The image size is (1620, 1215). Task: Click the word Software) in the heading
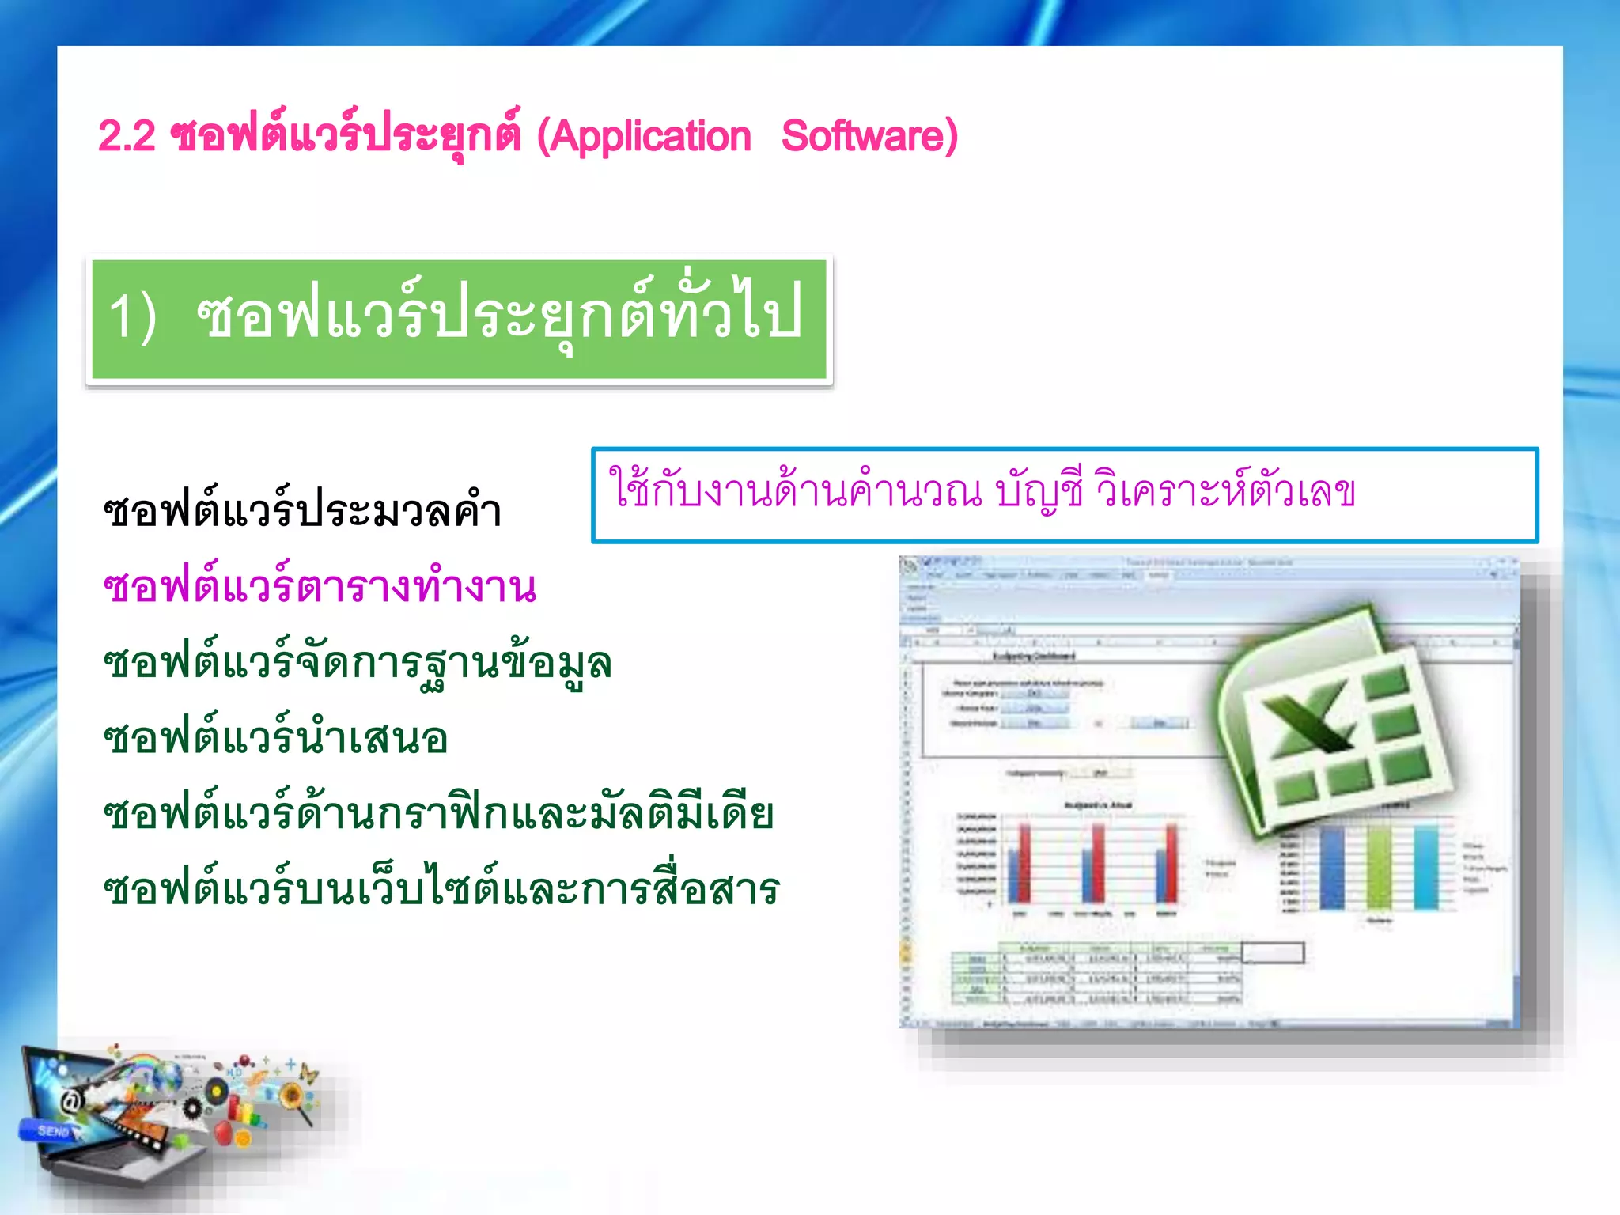point(869,137)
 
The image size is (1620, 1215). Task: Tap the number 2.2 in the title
point(126,137)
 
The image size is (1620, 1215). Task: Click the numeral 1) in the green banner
point(131,316)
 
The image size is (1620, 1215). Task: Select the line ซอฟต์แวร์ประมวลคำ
point(303,510)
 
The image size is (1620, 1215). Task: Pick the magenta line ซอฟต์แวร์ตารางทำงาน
point(320,586)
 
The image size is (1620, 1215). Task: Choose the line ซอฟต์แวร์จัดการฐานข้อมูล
point(358,662)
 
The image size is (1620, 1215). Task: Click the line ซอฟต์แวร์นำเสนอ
point(275,738)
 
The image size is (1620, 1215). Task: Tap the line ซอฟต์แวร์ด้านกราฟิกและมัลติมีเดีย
point(438,813)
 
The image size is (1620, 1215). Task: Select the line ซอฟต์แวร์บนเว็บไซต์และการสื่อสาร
point(441,888)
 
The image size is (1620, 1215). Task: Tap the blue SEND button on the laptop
point(51,1131)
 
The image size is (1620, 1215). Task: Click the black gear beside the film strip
point(192,1107)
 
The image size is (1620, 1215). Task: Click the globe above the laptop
point(170,1076)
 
